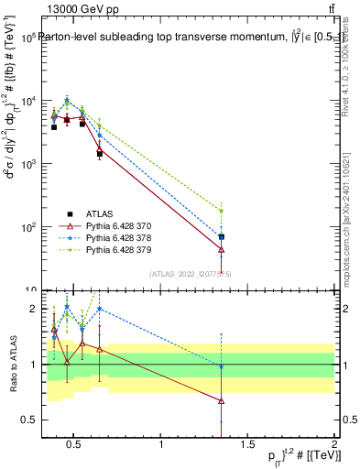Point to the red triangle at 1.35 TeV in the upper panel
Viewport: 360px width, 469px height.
(221, 249)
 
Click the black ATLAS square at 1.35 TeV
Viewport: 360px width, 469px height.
(221, 236)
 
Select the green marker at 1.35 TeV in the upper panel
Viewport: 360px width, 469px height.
(221, 212)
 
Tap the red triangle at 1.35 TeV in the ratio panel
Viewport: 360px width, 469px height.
(221, 401)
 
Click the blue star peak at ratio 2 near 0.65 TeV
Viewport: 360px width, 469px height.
(99, 309)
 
